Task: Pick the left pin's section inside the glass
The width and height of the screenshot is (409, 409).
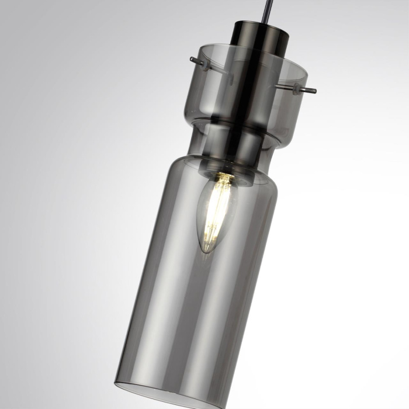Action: click(x=217, y=67)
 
